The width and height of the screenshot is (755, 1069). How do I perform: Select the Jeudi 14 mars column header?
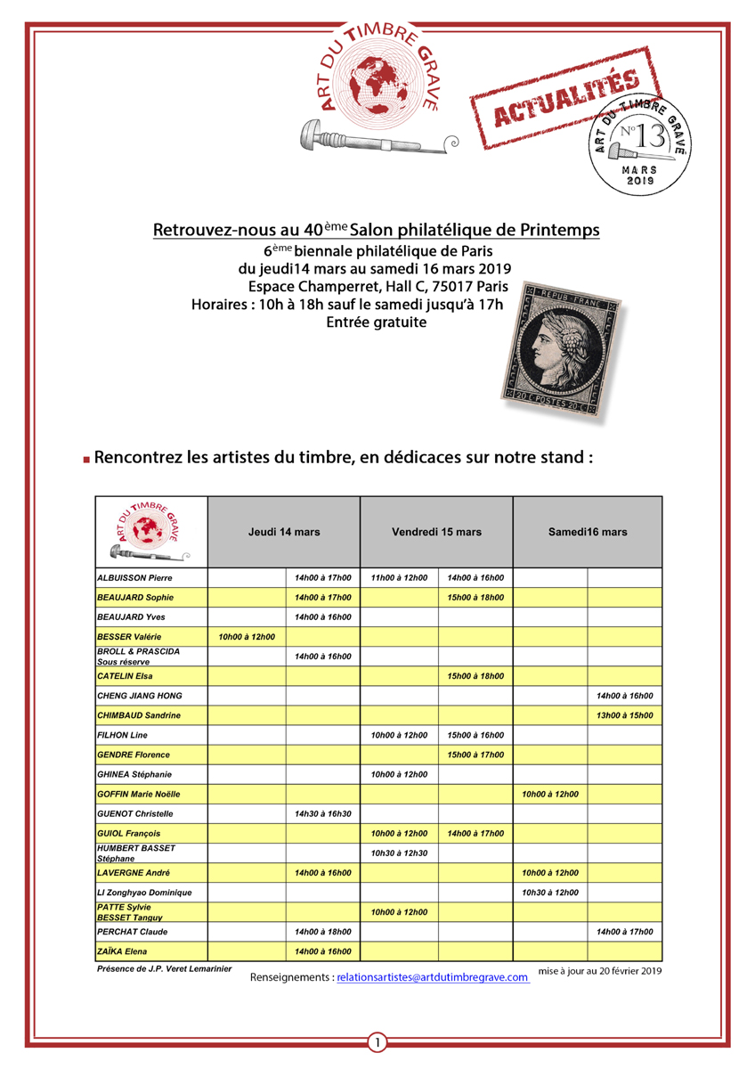coord(283,532)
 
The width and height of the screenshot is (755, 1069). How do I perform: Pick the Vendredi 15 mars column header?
coord(436,532)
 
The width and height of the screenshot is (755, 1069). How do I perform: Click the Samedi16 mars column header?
coord(587,532)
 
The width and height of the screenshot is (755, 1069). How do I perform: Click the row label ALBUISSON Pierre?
coord(134,577)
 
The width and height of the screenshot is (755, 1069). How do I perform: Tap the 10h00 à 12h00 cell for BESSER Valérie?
coord(246,636)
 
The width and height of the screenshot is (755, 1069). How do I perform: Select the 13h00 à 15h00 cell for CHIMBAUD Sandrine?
coord(625,715)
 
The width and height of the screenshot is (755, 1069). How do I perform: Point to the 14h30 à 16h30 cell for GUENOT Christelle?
coord(322,813)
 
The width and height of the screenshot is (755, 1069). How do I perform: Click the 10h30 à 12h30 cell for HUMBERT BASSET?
coord(399,853)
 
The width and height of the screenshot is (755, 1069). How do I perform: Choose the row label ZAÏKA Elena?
coord(124,951)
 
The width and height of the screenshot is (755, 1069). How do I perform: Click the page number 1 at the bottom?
coord(377,1042)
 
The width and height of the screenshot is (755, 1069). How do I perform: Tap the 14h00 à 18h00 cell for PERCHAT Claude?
coord(322,931)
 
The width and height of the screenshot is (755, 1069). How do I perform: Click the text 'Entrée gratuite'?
coord(377,322)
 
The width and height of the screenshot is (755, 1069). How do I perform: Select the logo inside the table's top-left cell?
coord(150,531)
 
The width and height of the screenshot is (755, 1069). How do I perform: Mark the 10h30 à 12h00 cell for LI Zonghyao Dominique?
coord(550,892)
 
